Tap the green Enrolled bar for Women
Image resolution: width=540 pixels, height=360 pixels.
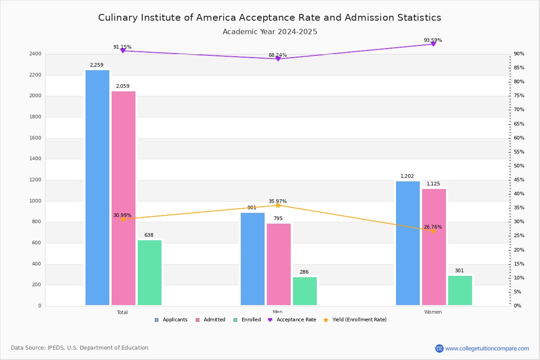click(460, 290)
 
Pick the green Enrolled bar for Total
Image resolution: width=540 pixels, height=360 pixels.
click(149, 273)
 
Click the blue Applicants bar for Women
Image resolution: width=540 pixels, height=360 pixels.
click(408, 243)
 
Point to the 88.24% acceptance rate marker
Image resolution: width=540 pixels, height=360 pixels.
click(278, 59)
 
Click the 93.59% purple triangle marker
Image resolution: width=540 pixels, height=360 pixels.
click(433, 44)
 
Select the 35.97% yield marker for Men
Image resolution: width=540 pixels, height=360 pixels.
click(278, 205)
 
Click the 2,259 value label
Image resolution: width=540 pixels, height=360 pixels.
click(96, 65)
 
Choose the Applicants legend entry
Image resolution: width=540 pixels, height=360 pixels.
click(171, 320)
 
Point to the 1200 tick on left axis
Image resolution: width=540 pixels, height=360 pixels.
click(36, 180)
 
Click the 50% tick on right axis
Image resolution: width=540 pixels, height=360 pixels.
click(519, 166)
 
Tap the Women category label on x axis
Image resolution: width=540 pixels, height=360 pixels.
click(433, 312)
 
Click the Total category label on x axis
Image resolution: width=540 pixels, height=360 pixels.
click(122, 312)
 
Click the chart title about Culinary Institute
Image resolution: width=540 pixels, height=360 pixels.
click(270, 18)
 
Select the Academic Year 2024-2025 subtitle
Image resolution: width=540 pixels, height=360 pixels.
click(270, 32)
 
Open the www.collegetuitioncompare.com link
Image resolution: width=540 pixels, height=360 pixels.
click(487, 348)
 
